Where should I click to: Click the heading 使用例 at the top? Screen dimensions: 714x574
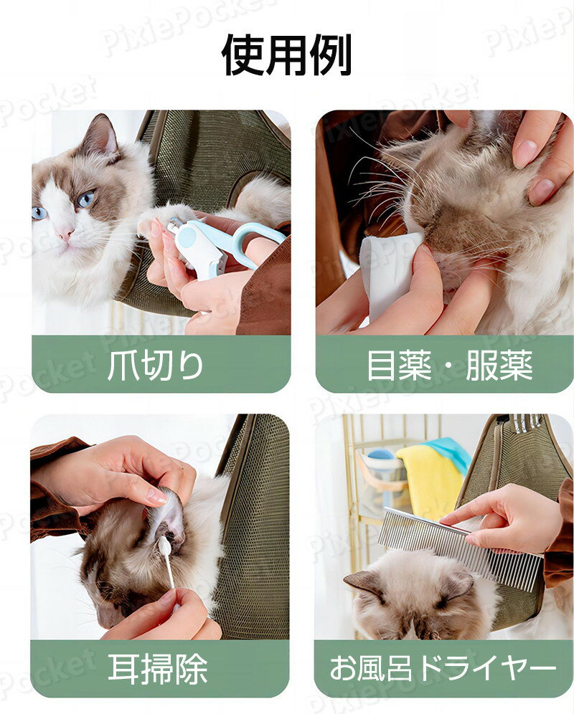pos(286,54)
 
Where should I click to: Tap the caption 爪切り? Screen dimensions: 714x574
pos(156,366)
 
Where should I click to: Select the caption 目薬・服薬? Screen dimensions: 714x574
pos(449,366)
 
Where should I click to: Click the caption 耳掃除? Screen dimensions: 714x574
pos(158,669)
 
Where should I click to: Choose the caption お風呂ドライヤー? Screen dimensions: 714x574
pos(443,669)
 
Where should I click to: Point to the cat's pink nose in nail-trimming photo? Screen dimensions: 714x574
pos(65,234)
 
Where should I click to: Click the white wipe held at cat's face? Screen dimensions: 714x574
pos(387,269)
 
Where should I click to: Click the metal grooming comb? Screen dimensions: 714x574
pos(459,548)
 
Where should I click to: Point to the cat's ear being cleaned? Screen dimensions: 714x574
pos(165,516)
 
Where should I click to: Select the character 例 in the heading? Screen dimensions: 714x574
pos(329,54)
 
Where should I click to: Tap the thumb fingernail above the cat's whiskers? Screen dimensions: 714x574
pos(525,153)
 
